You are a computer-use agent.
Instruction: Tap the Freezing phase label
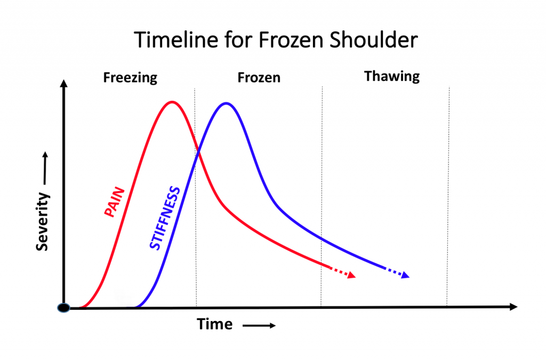tap(130, 78)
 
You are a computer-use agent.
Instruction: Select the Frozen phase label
tap(259, 78)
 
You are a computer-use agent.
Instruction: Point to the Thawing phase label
tap(392, 76)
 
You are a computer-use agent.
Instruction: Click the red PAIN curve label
tap(114, 202)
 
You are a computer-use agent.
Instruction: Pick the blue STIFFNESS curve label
tap(165, 218)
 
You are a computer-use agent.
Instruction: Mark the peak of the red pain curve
tap(172, 102)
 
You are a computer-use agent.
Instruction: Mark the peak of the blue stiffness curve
tap(227, 103)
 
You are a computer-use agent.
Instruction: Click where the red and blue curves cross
tap(199, 153)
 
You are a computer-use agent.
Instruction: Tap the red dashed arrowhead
tap(351, 276)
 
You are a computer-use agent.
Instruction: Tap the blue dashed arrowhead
tap(405, 276)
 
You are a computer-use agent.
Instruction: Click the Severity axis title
tap(43, 221)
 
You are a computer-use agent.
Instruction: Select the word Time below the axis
tap(214, 324)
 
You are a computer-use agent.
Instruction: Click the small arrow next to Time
tap(260, 326)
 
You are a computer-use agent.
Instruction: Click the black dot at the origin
tap(63, 308)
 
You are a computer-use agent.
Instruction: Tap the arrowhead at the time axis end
tap(513, 307)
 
